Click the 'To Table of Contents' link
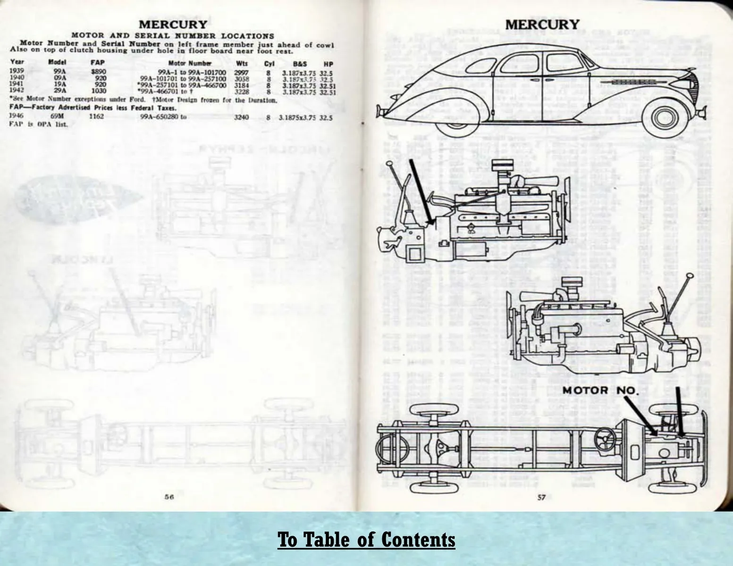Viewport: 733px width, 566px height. [366, 540]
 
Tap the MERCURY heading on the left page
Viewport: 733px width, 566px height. [172, 25]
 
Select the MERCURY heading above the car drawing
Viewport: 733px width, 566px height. [542, 24]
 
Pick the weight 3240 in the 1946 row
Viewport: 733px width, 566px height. [241, 117]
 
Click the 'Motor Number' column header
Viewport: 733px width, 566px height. [190, 63]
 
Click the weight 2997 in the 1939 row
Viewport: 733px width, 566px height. [241, 72]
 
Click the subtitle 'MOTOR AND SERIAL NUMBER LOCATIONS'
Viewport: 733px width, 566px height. [172, 35]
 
